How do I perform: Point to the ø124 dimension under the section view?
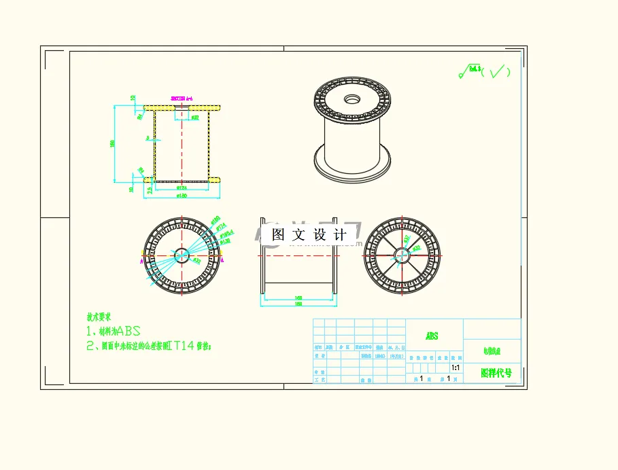tap(181, 188)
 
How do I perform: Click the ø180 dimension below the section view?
tap(182, 196)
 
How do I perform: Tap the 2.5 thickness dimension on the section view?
tap(150, 189)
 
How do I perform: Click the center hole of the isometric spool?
tap(352, 99)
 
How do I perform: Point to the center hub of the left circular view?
tap(182, 255)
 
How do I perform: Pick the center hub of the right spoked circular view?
tap(401, 255)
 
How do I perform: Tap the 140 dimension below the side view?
tap(298, 298)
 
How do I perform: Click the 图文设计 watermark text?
tap(309, 235)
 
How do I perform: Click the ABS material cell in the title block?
tap(432, 336)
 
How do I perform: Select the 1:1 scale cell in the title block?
tap(455, 367)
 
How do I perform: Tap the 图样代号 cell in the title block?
tap(495, 373)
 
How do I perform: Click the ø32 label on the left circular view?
tap(197, 260)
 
